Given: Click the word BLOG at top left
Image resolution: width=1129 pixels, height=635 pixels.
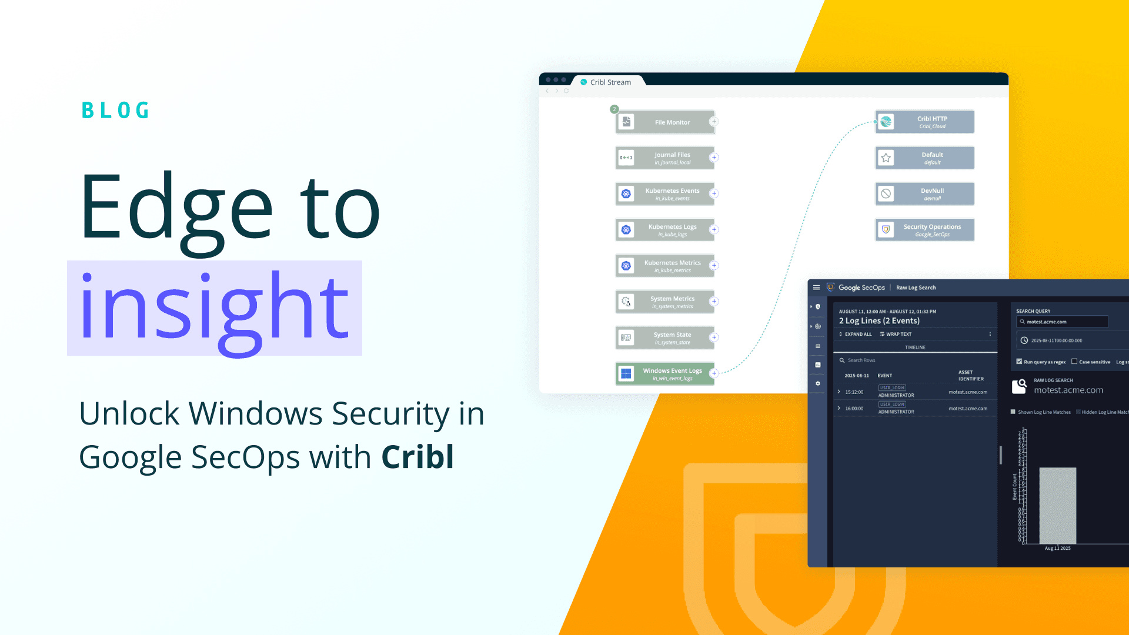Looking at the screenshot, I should click(115, 111).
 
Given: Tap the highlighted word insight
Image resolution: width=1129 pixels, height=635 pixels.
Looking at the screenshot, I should click(214, 308).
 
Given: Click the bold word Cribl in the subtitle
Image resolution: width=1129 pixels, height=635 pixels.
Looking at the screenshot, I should click(417, 457).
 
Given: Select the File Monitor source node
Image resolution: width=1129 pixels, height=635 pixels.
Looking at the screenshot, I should click(665, 122).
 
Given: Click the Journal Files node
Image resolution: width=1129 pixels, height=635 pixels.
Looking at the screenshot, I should click(665, 158).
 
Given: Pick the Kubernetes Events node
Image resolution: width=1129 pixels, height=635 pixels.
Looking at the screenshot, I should click(665, 194).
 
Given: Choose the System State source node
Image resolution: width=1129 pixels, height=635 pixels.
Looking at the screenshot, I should click(665, 338).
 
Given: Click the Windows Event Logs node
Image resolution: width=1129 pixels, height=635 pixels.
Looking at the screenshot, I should click(665, 374).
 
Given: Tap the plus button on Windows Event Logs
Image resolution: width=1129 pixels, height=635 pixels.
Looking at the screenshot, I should click(714, 373).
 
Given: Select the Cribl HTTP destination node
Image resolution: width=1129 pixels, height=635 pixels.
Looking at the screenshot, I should click(924, 122).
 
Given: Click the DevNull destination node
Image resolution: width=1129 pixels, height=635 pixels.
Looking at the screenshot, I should click(924, 194).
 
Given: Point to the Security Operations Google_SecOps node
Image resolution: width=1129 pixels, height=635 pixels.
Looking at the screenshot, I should click(924, 230).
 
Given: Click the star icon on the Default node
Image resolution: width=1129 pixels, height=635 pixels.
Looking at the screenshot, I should click(886, 158).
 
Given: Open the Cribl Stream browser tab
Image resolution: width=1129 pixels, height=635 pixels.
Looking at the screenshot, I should click(610, 82).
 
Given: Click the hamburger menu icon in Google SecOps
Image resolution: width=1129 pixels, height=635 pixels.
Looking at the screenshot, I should click(816, 288).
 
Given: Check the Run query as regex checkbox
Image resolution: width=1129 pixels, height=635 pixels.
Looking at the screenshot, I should click(1020, 362).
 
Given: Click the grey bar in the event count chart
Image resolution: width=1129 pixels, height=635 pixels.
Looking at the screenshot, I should click(1057, 506).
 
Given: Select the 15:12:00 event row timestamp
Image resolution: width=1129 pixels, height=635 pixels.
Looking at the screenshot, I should click(854, 392).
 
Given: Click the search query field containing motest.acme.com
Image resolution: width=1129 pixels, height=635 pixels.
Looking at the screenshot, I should click(1062, 322).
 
